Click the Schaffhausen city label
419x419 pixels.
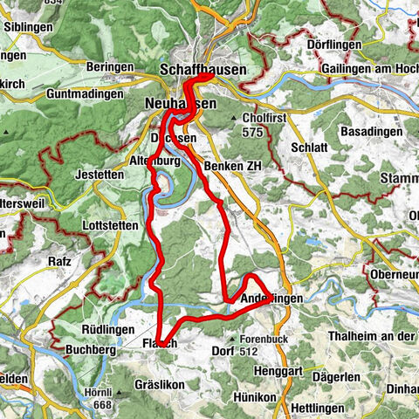[x=203, y=69]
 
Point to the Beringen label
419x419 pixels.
[x=109, y=66]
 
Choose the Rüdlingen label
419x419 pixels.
[x=106, y=329]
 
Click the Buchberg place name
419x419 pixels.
[x=89, y=349]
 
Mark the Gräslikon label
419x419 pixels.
[x=158, y=383]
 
